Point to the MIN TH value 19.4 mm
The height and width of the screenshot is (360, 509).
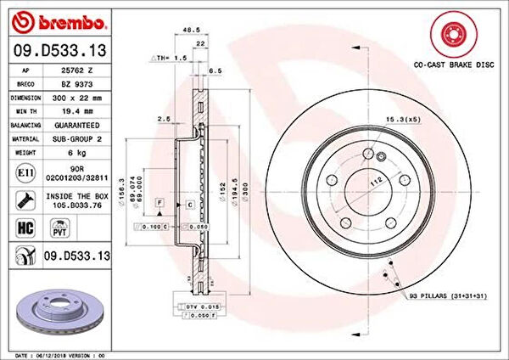tap(76, 110)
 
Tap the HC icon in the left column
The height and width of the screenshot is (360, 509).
tap(24, 227)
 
